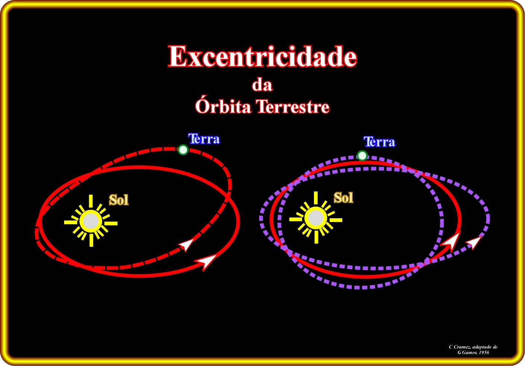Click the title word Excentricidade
point(262,56)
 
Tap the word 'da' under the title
point(262,85)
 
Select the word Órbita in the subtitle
point(223,106)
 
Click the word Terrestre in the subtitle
point(293,107)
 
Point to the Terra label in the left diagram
point(204,139)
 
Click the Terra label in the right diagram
point(379,142)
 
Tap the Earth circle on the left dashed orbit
point(183,150)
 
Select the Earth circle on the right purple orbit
point(362,155)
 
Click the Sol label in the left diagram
point(119,200)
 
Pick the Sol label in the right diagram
point(343,197)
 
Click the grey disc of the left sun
point(91,221)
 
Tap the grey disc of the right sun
point(316,218)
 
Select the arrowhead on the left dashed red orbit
point(187,244)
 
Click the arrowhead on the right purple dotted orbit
point(474,243)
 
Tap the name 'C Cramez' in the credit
point(458,347)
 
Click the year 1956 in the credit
point(484,353)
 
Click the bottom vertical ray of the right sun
point(316,237)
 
